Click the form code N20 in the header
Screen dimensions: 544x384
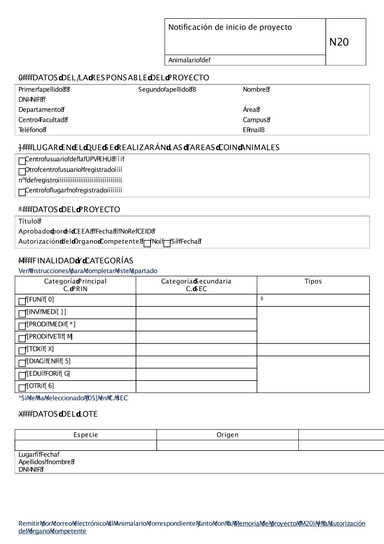(x=339, y=42)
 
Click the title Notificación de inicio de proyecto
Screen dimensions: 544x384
(x=230, y=27)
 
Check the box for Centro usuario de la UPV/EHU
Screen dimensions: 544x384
(x=22, y=161)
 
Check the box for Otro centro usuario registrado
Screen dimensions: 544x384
(x=22, y=171)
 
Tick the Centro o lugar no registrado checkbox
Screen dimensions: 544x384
(x=22, y=192)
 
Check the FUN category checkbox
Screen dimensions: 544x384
(x=22, y=301)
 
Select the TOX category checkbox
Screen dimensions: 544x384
(x=22, y=351)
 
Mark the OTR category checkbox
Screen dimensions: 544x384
(x=22, y=388)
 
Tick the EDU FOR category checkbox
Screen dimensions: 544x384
(x=22, y=375)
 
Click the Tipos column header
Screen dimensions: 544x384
(x=313, y=281)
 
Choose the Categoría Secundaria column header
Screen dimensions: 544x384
(x=196, y=285)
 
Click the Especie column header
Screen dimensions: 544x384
(x=86, y=435)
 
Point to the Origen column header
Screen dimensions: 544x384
(x=227, y=435)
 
